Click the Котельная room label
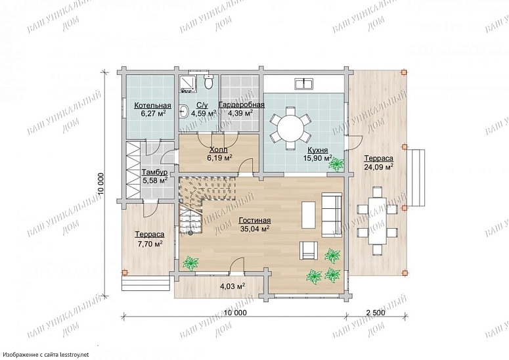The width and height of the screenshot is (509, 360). coord(152,106)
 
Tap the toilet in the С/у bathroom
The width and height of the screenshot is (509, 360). coord(208,81)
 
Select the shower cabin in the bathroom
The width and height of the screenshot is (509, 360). coord(187,83)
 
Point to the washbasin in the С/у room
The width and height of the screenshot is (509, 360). coord(183,111)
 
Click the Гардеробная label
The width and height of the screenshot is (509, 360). coord(242,105)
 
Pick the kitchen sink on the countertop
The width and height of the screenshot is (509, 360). coord(303,83)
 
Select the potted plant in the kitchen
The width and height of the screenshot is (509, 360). coord(336,165)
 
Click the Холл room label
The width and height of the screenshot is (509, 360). coord(219,150)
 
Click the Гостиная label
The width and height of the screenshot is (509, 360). coord(255,221)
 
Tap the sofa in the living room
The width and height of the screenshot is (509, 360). coord(332,215)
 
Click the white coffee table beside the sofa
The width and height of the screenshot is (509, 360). coord(309,215)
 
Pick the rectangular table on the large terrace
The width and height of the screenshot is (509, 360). coord(377,221)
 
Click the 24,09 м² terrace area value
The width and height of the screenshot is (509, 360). coord(378,167)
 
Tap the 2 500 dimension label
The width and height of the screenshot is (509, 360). coord(376,313)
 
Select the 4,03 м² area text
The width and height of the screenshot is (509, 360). coord(232,286)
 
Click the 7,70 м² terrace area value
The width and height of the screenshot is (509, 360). coord(150,244)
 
